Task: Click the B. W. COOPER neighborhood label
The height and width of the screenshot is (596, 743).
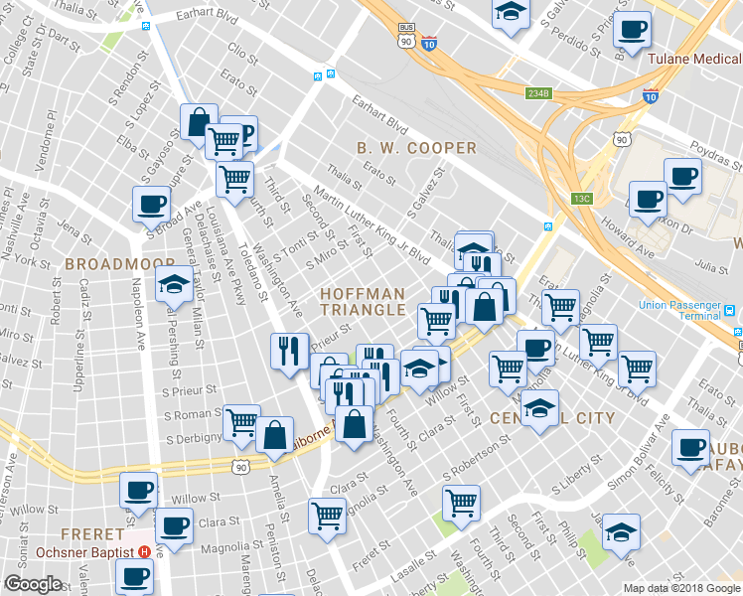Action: coord(416,148)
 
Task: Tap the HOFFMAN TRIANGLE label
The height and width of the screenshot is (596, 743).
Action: coord(364,302)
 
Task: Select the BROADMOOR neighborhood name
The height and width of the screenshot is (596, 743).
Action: coord(106,264)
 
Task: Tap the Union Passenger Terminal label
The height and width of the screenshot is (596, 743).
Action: coord(672,309)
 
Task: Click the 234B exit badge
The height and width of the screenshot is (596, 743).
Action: coord(538,93)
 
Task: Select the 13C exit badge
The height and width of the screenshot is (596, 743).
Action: coord(581,199)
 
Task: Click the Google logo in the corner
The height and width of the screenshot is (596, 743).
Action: coord(33,584)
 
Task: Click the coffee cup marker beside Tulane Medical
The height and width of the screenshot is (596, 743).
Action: coord(632,30)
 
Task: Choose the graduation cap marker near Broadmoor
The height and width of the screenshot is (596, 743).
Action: coord(174,284)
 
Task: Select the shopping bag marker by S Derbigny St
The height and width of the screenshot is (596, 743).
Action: coord(274,435)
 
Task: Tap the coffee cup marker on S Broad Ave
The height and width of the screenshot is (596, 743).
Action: coord(151,205)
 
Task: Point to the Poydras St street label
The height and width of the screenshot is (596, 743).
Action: coord(709,156)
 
